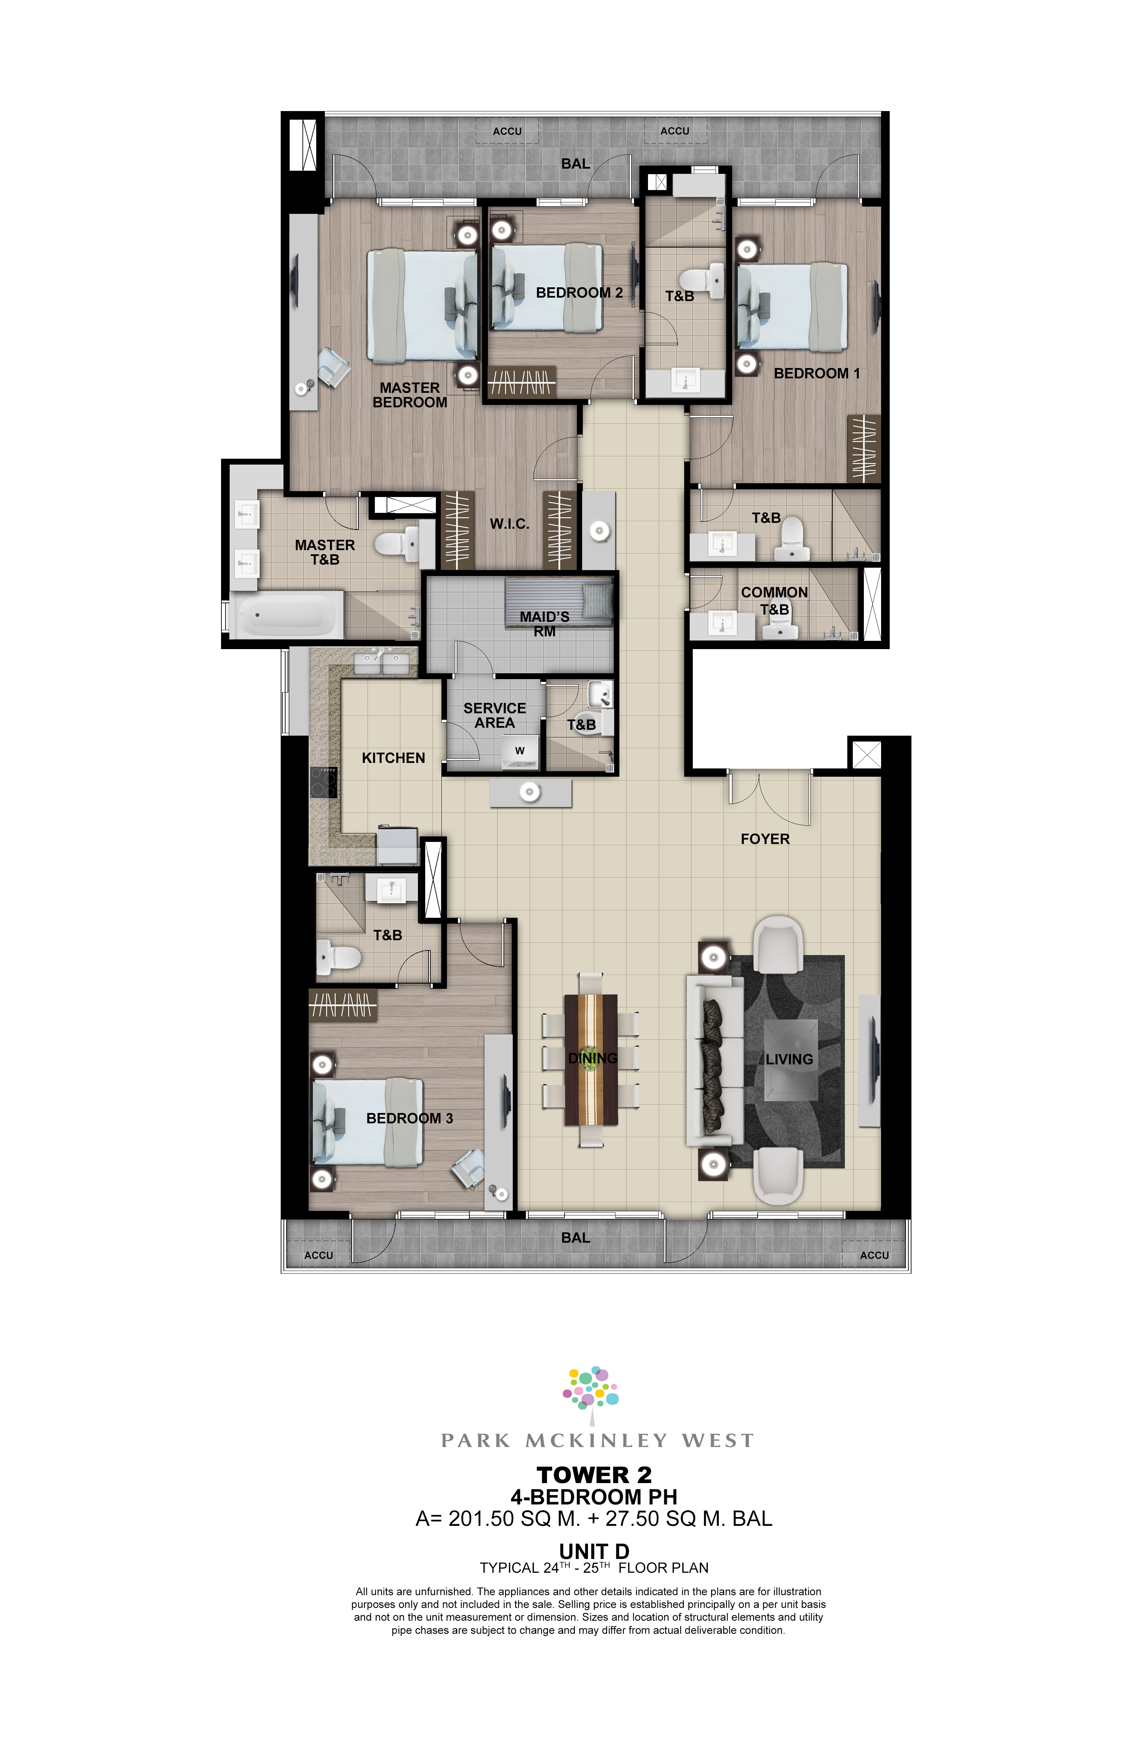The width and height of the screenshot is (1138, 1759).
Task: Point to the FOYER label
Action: (765, 839)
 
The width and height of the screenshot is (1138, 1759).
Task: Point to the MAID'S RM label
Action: (545, 624)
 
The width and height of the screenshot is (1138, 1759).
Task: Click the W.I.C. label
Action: (509, 524)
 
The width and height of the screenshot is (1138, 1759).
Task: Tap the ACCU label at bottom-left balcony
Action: (319, 1255)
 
